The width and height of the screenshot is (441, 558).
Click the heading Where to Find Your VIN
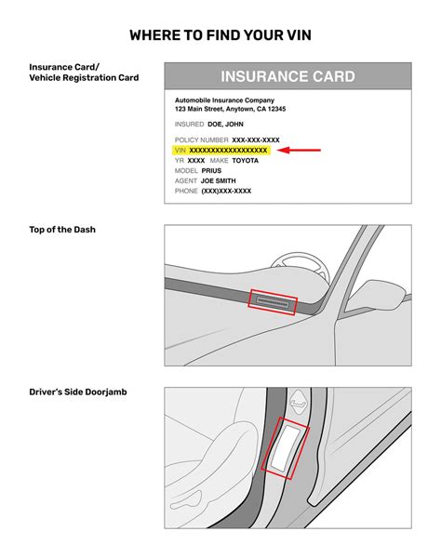pos(220,35)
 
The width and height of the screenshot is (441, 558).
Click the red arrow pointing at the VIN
pos(299,150)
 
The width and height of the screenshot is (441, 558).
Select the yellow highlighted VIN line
pos(221,150)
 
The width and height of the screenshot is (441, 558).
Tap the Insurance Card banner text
pos(287,76)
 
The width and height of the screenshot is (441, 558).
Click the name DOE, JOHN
pos(225,125)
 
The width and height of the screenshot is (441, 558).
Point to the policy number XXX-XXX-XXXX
pos(256,139)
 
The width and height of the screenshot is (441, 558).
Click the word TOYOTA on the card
pos(246,161)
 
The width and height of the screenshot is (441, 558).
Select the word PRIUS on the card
pos(211,171)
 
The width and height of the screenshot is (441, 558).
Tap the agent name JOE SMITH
pos(219,180)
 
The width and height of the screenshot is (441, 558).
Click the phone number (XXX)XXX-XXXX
pos(226,191)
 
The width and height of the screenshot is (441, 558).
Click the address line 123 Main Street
pos(231,109)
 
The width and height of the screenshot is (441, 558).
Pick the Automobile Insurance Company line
pos(224,100)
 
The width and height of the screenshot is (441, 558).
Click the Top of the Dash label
pos(62,230)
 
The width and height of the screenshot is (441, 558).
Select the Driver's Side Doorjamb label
pos(78,392)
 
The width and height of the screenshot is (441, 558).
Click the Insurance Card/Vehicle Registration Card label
pos(84,73)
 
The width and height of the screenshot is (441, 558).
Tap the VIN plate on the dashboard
pos(273,302)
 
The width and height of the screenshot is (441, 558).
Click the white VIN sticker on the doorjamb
pos(286,447)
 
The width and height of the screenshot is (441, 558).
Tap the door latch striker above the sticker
pos(299,402)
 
